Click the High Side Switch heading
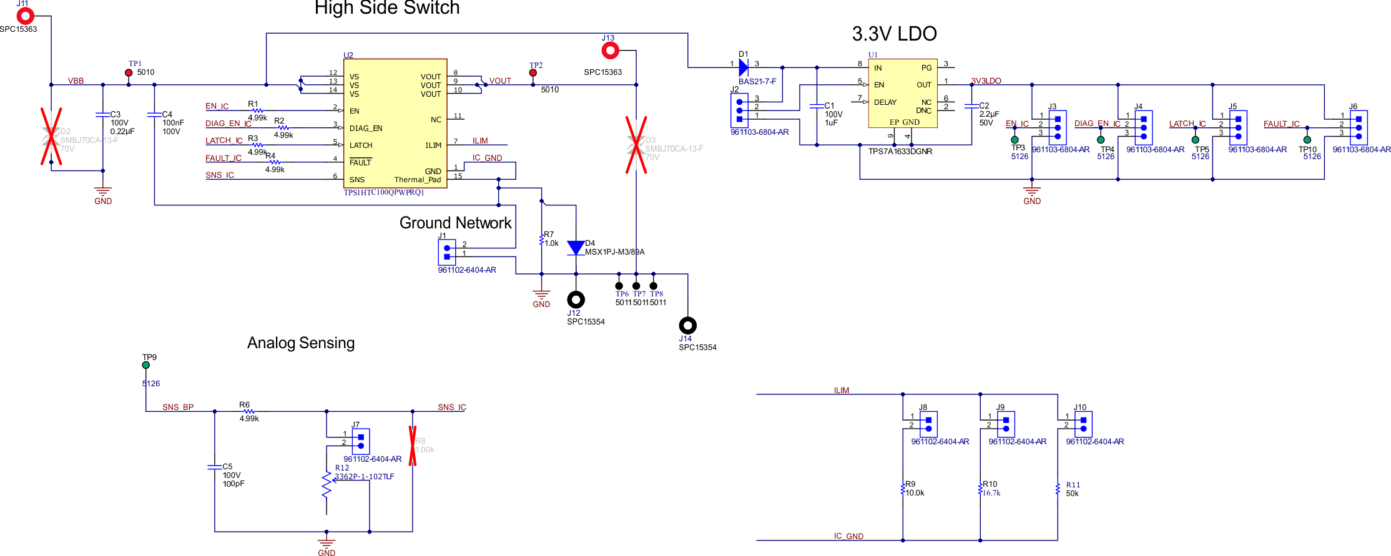pyautogui.click(x=387, y=8)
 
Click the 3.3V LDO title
pyautogui.click(x=894, y=34)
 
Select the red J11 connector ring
pyautogui.click(x=25, y=16)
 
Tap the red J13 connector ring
pyautogui.click(x=610, y=50)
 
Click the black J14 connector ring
pyautogui.click(x=687, y=325)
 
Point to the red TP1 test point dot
pyautogui.click(x=129, y=72)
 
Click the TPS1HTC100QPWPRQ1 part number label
pyautogui.click(x=383, y=193)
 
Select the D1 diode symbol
pyautogui.click(x=743, y=67)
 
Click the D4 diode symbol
pyautogui.click(x=576, y=248)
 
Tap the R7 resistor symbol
pyautogui.click(x=541, y=240)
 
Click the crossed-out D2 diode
pyautogui.click(x=51, y=136)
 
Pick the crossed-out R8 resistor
pyautogui.click(x=413, y=446)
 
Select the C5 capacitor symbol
pyautogui.click(x=214, y=467)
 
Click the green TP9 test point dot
pyautogui.click(x=145, y=365)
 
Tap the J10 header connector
pyautogui.click(x=1083, y=424)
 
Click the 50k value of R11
pyautogui.click(x=1072, y=494)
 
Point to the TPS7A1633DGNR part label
pyautogui.click(x=900, y=152)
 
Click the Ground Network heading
pyautogui.click(x=455, y=223)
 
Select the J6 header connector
pyautogui.click(x=1359, y=127)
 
